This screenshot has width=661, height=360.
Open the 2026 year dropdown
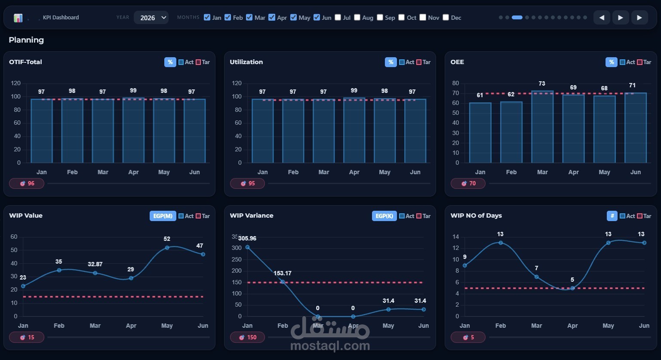pos(151,17)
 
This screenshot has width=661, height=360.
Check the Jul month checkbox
pos(338,17)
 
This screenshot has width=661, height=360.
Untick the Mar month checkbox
pos(249,17)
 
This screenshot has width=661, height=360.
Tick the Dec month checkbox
pos(446,17)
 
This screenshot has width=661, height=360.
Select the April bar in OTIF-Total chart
pos(133,130)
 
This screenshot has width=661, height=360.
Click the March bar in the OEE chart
pos(542,126)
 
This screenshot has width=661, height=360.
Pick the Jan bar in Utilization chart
pos(263,131)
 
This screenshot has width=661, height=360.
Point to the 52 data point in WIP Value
pos(167,248)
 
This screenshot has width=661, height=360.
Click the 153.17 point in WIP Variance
pos(283,282)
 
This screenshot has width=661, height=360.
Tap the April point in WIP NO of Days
pos(572,288)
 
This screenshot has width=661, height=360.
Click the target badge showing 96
pos(27,184)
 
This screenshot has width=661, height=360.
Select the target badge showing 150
pos(247,337)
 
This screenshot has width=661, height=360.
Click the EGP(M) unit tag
pos(163,216)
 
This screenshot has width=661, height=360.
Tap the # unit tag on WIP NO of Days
pos(612,216)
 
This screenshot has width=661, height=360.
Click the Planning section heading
pos(26,40)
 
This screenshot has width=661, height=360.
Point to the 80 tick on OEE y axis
pos(455,83)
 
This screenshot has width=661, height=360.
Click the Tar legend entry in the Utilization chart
pos(424,62)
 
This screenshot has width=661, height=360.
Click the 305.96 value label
pos(247,238)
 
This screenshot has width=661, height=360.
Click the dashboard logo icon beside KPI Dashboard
pos(18,18)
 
